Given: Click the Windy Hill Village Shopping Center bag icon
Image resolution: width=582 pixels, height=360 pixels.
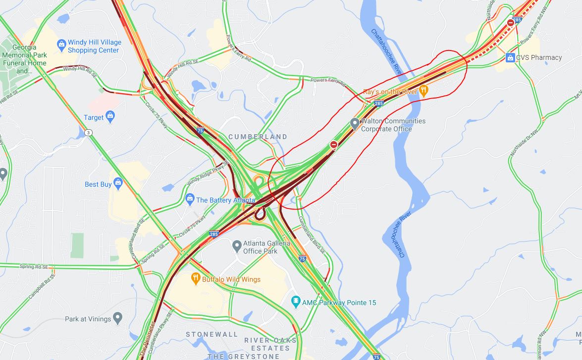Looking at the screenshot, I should click(61, 44).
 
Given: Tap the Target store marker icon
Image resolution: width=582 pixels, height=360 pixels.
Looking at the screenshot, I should click(110, 117).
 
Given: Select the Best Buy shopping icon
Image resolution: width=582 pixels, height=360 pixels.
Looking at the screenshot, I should click(118, 184).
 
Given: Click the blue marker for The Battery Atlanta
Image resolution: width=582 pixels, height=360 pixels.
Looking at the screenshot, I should click(190, 200).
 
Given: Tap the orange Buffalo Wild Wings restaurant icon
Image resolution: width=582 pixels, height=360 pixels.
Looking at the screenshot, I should click(196, 279).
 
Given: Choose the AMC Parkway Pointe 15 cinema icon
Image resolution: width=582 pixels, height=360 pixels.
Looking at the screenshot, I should click(296, 302).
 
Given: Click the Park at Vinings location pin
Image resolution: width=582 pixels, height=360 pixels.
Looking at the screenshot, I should click(117, 318).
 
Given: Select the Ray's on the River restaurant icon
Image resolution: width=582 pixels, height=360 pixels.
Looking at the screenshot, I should click(423, 91).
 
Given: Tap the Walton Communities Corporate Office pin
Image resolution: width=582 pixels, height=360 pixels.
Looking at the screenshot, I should click(355, 123).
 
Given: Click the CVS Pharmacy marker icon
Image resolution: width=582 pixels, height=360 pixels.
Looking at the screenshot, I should click(510, 58).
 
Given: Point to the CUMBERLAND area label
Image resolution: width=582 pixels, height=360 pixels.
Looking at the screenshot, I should click(258, 136).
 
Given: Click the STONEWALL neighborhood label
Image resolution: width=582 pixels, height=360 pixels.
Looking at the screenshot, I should click(212, 334).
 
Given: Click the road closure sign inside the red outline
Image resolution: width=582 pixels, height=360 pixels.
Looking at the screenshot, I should click(334, 145).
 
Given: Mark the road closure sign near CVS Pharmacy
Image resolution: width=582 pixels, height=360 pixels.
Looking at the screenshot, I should click(511, 22).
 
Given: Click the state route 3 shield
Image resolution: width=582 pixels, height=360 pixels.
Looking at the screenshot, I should click(88, 132).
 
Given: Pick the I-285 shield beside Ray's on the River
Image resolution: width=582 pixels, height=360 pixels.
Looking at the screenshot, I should click(379, 103).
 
